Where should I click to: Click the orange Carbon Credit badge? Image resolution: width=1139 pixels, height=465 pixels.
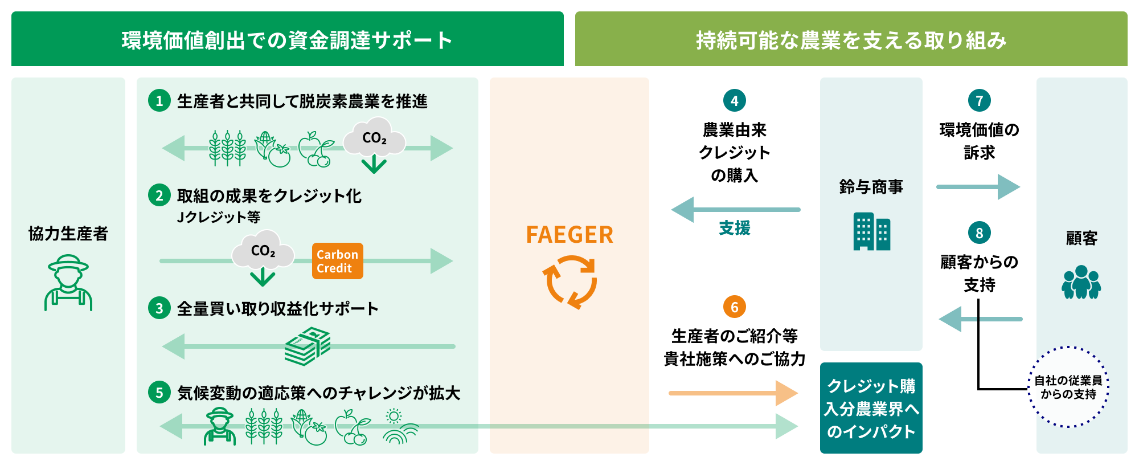(337, 261)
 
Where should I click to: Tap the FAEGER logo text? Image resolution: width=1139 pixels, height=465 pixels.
(569, 235)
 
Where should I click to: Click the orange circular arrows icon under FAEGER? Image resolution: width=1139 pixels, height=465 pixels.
(569, 282)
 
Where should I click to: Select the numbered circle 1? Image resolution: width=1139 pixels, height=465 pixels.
(159, 101)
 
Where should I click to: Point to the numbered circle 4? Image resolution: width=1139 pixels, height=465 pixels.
(734, 101)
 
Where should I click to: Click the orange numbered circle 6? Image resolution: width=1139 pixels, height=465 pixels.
(734, 307)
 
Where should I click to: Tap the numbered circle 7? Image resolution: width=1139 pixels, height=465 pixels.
(979, 101)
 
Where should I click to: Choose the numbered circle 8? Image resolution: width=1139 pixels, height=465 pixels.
(979, 233)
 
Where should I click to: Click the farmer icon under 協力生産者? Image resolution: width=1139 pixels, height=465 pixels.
(68, 283)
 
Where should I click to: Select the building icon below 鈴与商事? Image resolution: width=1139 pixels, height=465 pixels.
(871, 231)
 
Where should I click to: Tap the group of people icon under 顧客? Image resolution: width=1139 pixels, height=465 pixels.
(1081, 282)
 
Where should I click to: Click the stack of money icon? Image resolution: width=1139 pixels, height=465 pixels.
(308, 346)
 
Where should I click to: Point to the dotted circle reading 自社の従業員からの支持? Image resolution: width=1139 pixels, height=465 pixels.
(1068, 387)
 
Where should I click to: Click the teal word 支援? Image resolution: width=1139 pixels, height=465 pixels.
(734, 228)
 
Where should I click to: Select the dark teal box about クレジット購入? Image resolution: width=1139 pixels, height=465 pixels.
(871, 408)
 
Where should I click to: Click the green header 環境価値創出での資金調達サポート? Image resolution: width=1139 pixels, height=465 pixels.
(287, 39)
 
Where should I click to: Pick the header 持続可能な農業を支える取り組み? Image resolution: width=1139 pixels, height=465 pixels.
(851, 39)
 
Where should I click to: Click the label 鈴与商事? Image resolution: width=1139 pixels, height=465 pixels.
(871, 187)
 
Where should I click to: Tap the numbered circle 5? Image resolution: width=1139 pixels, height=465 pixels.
(159, 393)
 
